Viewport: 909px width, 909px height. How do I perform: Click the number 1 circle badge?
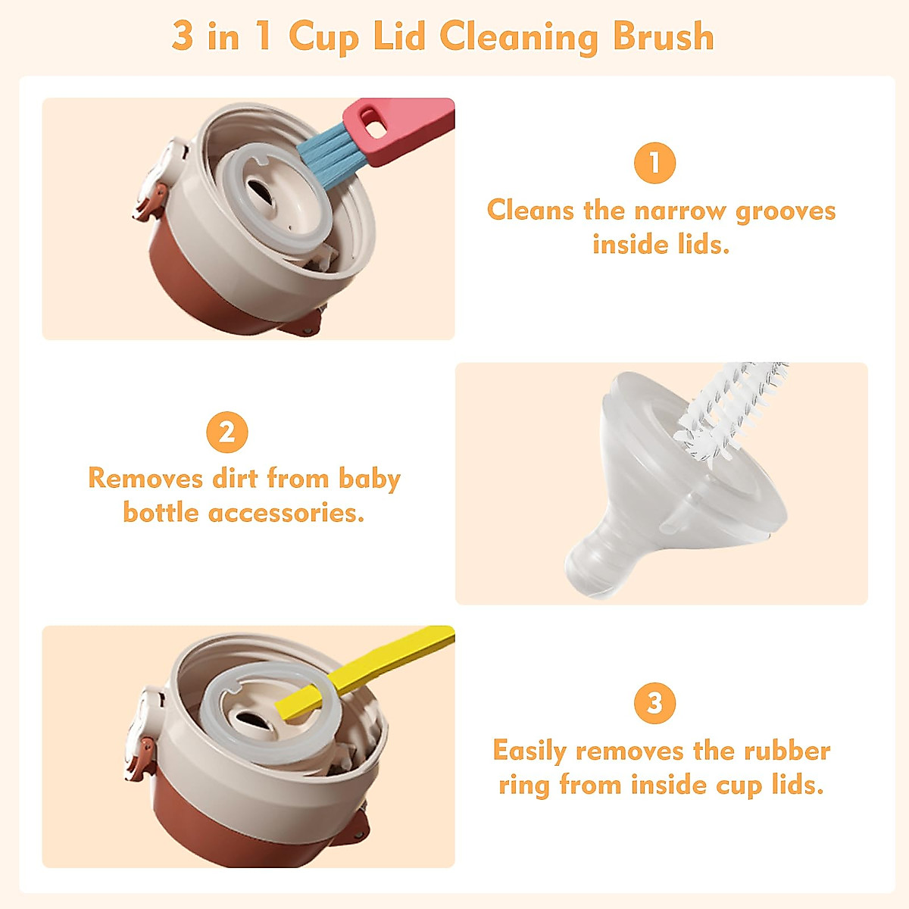(x=654, y=163)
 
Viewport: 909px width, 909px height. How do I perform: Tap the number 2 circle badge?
(x=226, y=433)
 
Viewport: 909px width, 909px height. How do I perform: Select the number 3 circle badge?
(x=654, y=702)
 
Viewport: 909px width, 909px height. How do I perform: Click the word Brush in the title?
(x=663, y=36)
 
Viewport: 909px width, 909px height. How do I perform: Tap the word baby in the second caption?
(x=369, y=479)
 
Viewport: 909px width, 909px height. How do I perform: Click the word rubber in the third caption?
(x=787, y=751)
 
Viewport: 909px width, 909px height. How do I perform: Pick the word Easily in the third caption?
(x=529, y=751)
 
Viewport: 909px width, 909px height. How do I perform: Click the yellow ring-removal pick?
(x=356, y=673)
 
